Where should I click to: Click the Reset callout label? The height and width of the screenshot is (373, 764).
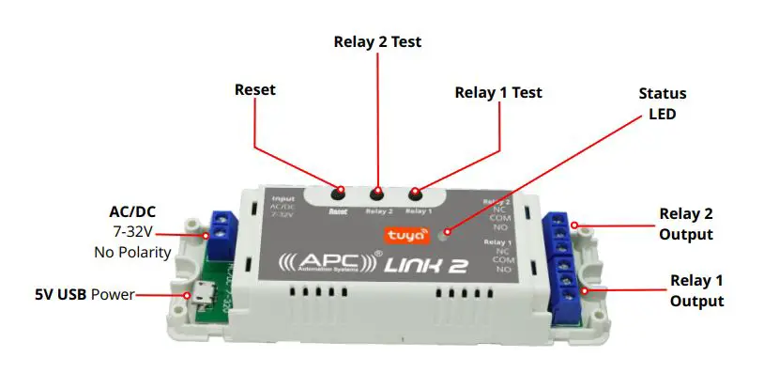pyautogui.click(x=256, y=90)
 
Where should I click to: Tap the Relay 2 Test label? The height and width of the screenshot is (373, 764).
pyautogui.click(x=378, y=42)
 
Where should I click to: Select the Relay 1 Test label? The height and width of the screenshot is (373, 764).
pyautogui.click(x=498, y=93)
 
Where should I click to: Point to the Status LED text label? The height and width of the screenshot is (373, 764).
pyautogui.click(x=662, y=103)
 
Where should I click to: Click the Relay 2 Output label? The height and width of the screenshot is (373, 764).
pyautogui.click(x=686, y=225)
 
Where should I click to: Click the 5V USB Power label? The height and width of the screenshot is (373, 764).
pyautogui.click(x=83, y=295)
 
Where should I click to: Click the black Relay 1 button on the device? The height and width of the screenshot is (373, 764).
pyautogui.click(x=415, y=196)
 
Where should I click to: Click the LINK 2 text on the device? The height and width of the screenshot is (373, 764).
pyautogui.click(x=426, y=266)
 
